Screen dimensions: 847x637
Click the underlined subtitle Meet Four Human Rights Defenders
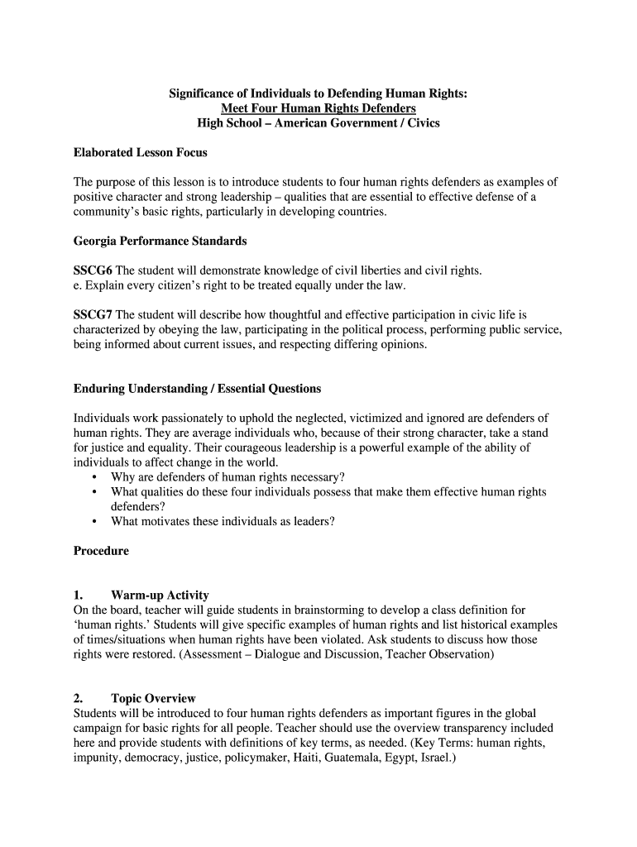(x=318, y=109)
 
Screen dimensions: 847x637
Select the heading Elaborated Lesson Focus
(x=140, y=153)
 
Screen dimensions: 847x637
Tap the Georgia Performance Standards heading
(x=160, y=242)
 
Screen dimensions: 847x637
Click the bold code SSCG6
(x=93, y=270)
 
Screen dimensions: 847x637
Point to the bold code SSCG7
(x=93, y=315)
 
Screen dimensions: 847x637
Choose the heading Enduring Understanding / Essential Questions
(x=197, y=389)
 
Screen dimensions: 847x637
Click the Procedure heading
(x=101, y=551)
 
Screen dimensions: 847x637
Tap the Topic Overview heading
(x=153, y=699)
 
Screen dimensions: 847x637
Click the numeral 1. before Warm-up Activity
(x=79, y=596)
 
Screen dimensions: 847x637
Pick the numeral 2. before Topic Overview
(x=79, y=699)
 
